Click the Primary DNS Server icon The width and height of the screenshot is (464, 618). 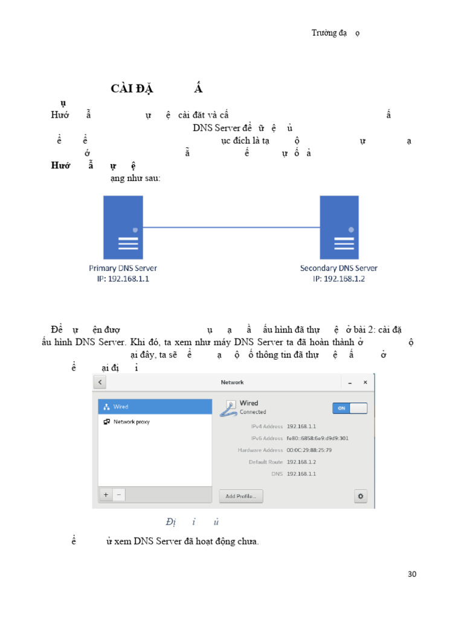(123, 228)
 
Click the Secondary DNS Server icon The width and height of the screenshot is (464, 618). (339, 228)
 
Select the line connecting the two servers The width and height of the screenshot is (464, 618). (231, 228)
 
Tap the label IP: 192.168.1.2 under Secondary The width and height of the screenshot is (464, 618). (338, 279)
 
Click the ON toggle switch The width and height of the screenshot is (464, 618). (350, 408)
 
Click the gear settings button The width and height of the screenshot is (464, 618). (361, 496)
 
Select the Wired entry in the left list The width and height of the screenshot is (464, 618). (120, 407)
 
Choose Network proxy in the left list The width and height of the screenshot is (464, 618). (131, 422)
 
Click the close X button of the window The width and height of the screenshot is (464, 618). (365, 383)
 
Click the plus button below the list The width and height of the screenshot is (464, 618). (106, 494)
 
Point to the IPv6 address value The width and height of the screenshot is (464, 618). (317, 438)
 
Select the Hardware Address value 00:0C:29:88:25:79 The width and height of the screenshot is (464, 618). (309, 450)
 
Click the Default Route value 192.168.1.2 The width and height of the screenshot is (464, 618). (301, 462)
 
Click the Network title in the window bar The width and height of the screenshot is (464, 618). (232, 383)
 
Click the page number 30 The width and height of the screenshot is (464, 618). (412, 574)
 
